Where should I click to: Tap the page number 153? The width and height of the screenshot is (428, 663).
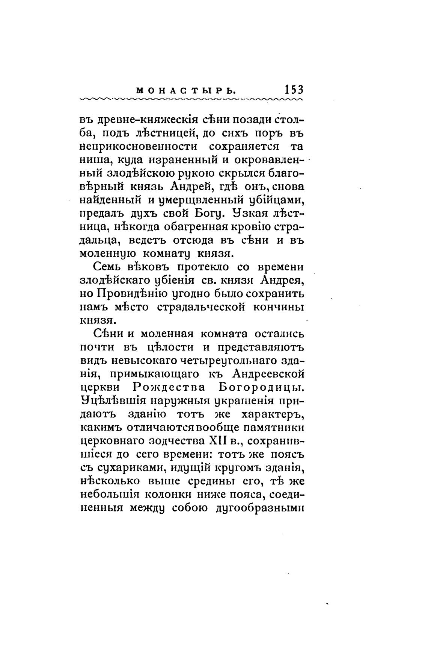[x=294, y=90]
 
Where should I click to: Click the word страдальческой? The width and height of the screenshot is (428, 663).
[x=198, y=307]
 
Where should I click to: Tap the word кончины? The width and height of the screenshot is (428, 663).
[x=277, y=307]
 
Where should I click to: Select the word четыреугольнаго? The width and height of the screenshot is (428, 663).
[x=226, y=361]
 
